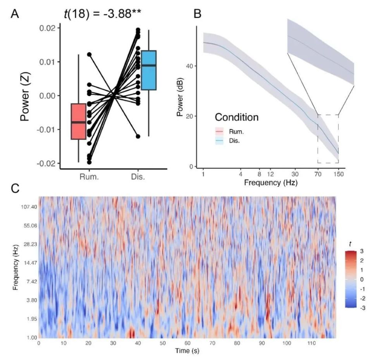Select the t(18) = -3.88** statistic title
102,14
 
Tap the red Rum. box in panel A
78,121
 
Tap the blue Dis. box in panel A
148,70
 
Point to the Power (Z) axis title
26,95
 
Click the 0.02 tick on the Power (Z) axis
47,28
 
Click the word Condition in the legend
236,117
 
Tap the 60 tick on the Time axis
188,343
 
